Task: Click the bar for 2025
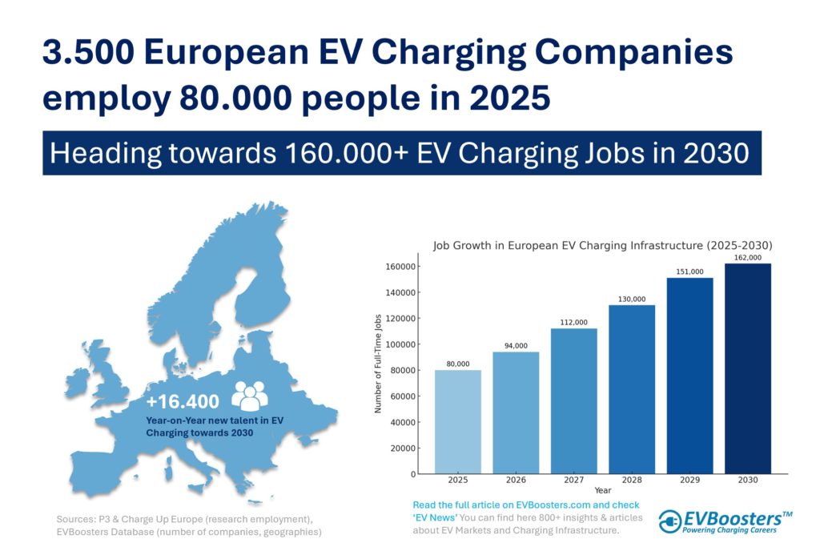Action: click(458, 421)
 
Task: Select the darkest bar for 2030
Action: click(748, 368)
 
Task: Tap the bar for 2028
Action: click(632, 389)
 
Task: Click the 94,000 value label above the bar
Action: click(516, 346)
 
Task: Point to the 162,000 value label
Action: click(748, 258)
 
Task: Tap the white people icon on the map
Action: click(250, 396)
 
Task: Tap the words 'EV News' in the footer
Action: click(440, 517)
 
